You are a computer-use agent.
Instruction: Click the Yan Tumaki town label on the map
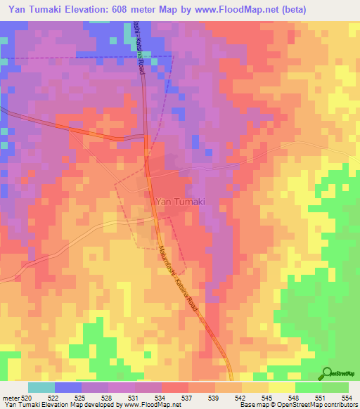pos(179,201)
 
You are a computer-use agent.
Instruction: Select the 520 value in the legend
pos(27,398)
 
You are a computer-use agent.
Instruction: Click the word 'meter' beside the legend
pos(11,398)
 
